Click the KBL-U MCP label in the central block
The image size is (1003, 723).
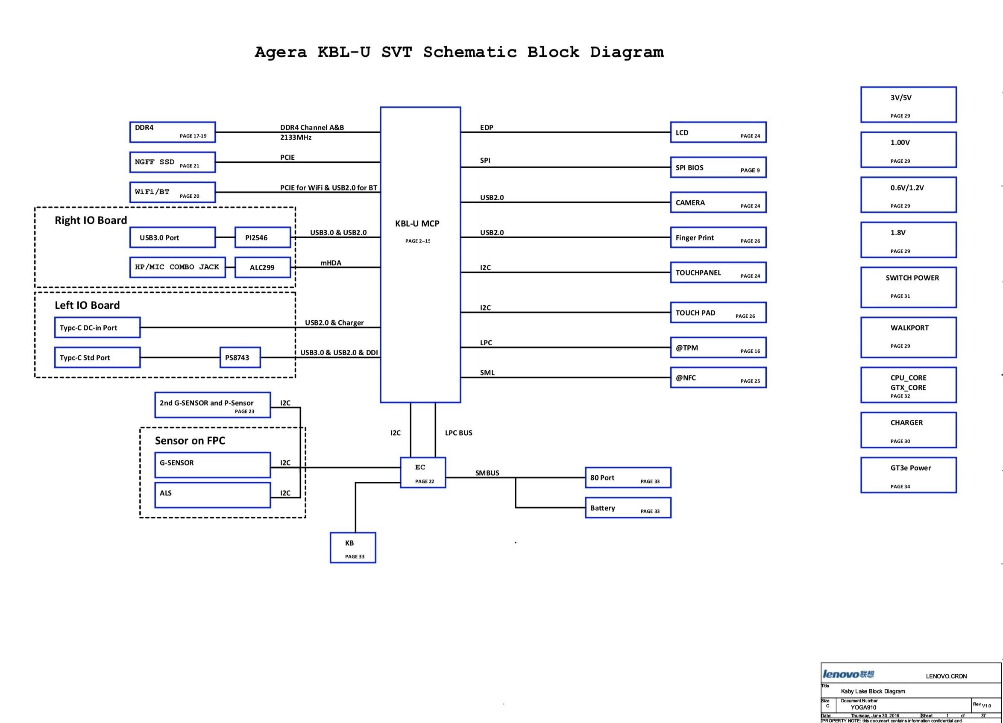[x=417, y=224]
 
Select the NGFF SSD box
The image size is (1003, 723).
[x=173, y=162]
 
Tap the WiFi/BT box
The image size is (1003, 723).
[x=173, y=192]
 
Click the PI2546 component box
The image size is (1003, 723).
[x=262, y=237]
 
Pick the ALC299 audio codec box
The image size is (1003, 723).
[x=262, y=267]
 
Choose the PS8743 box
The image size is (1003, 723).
[x=240, y=357]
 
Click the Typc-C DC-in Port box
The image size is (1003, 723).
[x=97, y=328]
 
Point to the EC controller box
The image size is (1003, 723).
[x=423, y=472]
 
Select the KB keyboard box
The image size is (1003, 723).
[x=353, y=547]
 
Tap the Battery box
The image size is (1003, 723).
[x=628, y=508]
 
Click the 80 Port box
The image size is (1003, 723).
[x=628, y=477]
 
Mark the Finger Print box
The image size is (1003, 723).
[x=718, y=237]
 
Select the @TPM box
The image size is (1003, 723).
[x=718, y=348]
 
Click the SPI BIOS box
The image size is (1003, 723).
[x=718, y=167]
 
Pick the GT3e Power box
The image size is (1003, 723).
[x=908, y=475]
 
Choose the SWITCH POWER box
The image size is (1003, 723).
[x=908, y=287]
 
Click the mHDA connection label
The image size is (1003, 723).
[x=331, y=263]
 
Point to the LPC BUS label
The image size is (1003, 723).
[x=459, y=433]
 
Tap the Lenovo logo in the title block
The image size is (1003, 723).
[x=848, y=674]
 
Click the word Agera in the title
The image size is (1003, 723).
[x=280, y=52]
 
